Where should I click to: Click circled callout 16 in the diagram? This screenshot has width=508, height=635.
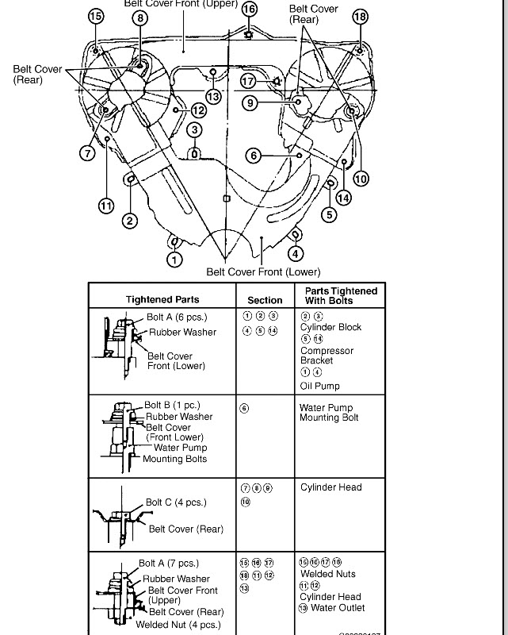(250, 9)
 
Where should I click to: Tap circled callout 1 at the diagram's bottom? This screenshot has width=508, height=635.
(174, 259)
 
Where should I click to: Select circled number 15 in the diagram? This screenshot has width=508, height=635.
(96, 16)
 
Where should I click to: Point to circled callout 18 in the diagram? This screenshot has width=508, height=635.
(360, 17)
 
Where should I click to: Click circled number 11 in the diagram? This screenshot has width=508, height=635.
(106, 206)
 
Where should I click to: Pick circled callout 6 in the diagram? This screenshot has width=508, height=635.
(254, 156)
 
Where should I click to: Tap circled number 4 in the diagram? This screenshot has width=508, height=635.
(295, 254)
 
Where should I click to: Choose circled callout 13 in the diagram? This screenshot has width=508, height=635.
(212, 96)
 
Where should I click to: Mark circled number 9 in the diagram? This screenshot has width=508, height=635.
(250, 102)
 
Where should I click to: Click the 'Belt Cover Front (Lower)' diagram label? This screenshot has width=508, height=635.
(264, 271)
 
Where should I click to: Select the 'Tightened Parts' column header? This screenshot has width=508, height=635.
(162, 299)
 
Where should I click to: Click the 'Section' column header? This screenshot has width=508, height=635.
(265, 300)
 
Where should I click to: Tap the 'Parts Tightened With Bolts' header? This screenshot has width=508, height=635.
(341, 296)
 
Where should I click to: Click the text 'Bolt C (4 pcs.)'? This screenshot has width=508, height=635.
(176, 502)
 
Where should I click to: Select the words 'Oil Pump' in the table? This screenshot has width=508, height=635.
(320, 386)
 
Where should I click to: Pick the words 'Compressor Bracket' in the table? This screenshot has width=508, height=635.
(327, 356)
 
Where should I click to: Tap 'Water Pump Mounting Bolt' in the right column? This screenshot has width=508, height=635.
(330, 413)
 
